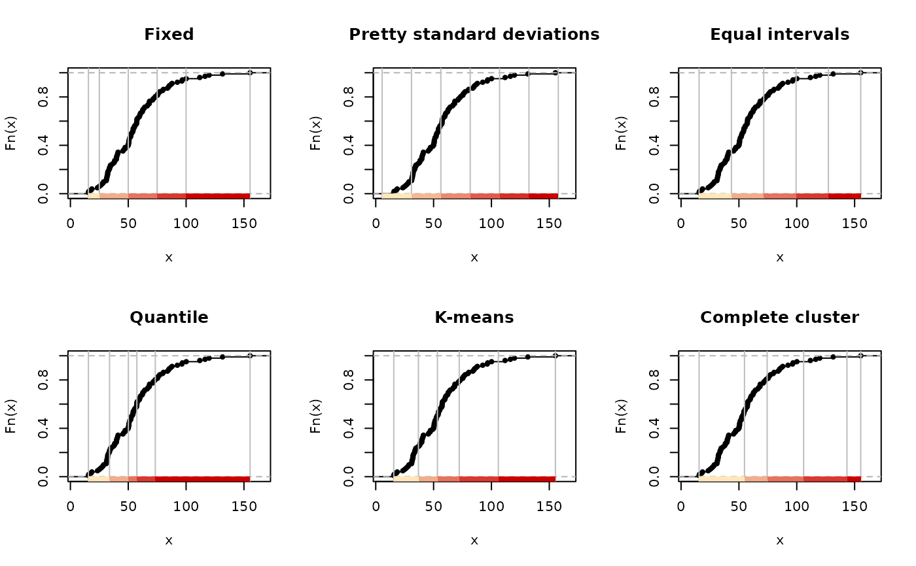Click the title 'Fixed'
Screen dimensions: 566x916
pyautogui.click(x=169, y=35)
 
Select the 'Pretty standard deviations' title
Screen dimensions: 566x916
pyautogui.click(x=474, y=35)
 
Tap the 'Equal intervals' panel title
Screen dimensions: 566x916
pyautogui.click(x=779, y=35)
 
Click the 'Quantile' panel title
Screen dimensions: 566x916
pyautogui.click(x=169, y=318)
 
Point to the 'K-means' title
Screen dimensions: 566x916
pyautogui.click(x=474, y=318)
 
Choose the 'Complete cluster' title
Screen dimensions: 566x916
pyautogui.click(x=779, y=318)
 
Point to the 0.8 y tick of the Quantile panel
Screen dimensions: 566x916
pyautogui.click(x=43, y=380)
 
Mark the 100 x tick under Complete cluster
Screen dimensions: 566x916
pyautogui.click(x=796, y=507)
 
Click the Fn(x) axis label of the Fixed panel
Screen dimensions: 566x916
pyautogui.click(x=12, y=133)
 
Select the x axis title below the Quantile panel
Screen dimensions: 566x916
pyautogui.click(x=169, y=541)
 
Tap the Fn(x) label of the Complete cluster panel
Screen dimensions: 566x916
pyautogui.click(x=622, y=416)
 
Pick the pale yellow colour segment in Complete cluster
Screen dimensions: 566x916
pyautogui.click(x=721, y=479)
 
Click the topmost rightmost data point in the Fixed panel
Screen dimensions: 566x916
pyautogui.click(x=250, y=73)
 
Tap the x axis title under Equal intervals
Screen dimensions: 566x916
pyautogui.click(x=779, y=258)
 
